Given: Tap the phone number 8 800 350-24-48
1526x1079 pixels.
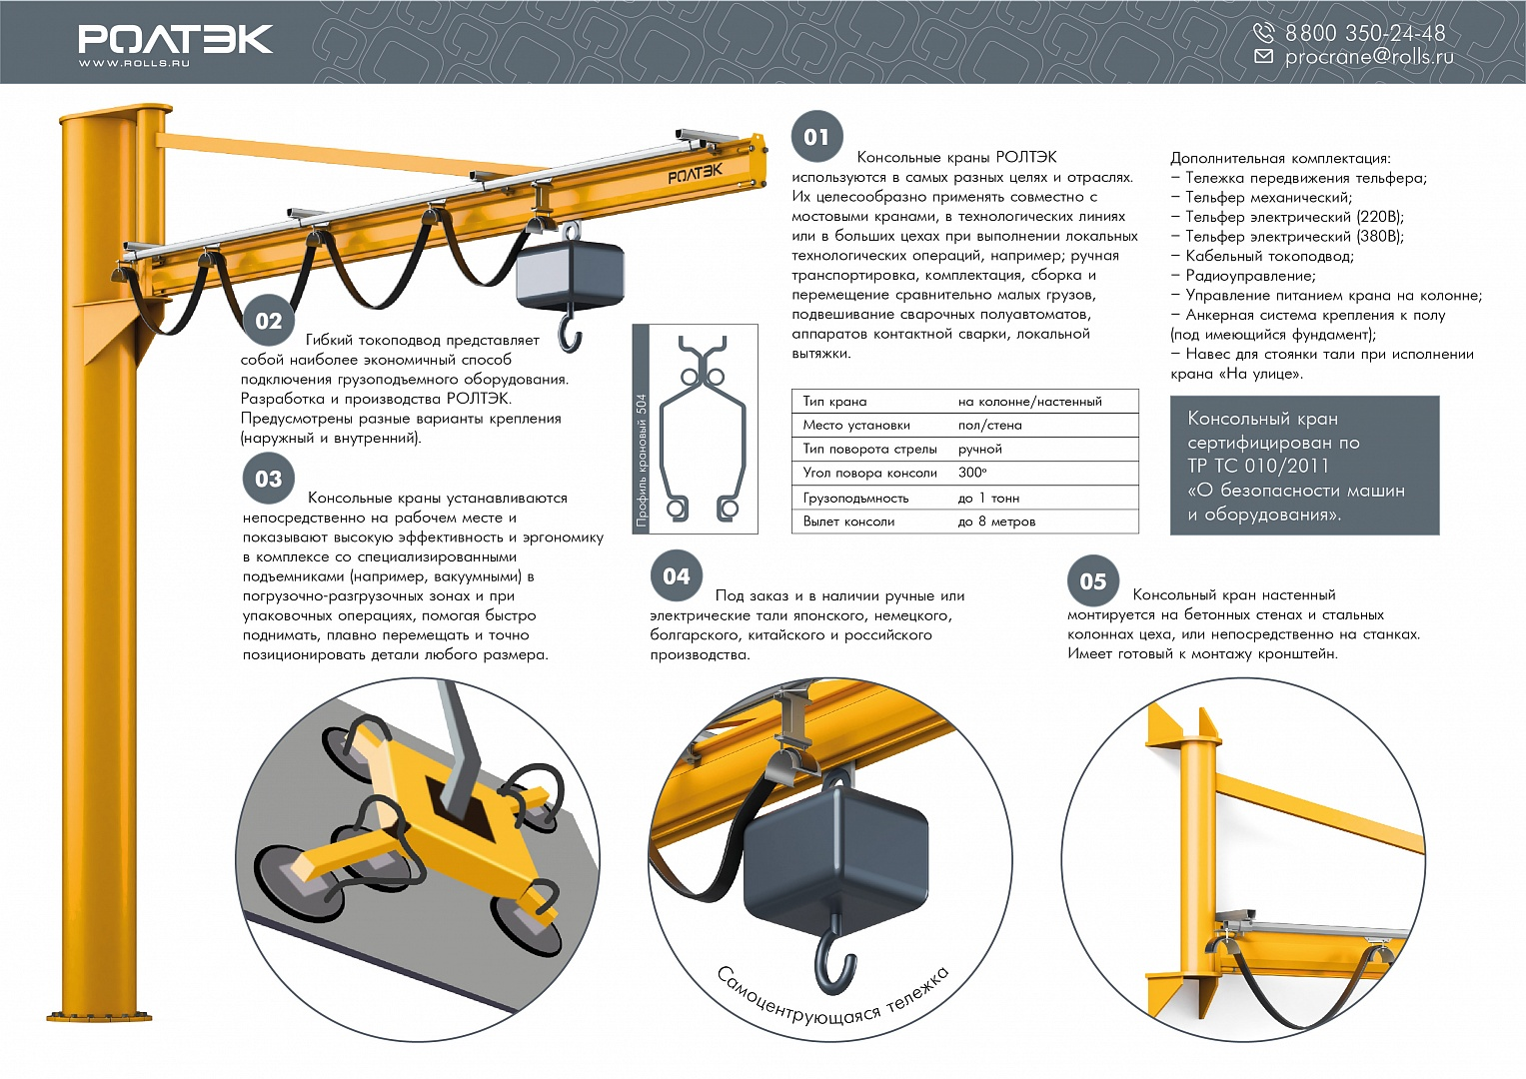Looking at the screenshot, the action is point(1365,33).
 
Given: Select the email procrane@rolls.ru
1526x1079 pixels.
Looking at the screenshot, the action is point(1369,57).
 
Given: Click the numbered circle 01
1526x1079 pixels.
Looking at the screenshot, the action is point(816,137).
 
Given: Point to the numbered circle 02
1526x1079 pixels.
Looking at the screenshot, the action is point(269,320).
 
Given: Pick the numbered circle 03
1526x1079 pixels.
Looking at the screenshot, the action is point(269,479).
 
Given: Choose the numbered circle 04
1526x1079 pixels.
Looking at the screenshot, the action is point(677,576).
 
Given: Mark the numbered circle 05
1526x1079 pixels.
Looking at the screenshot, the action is point(1092,581).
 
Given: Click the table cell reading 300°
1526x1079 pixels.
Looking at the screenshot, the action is point(972,473).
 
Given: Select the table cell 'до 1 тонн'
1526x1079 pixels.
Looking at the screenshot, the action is point(988,498).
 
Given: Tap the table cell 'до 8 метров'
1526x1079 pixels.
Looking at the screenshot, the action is point(996,522).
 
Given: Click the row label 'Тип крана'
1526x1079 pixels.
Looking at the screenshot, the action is point(834,402).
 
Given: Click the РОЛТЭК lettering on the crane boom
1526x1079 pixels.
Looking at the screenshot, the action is point(695,174).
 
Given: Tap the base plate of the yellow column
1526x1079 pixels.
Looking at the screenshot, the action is point(99,1016).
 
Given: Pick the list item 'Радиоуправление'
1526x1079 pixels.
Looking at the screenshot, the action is point(1251,276).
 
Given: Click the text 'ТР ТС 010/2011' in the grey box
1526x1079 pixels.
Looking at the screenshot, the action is point(1257,466).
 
